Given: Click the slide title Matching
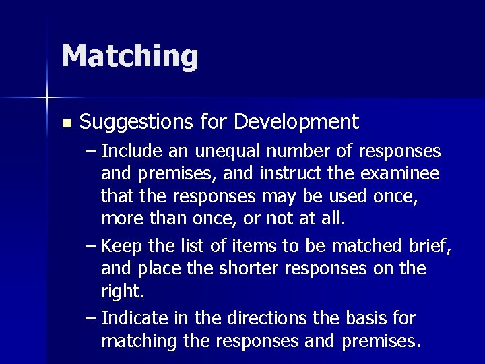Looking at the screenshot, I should click(x=130, y=56).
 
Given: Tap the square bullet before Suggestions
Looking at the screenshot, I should click(x=65, y=123).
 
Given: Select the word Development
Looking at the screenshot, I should click(x=296, y=122).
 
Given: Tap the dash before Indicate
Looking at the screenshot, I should click(x=91, y=317).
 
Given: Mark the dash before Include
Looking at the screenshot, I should click(x=91, y=150).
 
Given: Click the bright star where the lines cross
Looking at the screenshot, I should click(x=47, y=98).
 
